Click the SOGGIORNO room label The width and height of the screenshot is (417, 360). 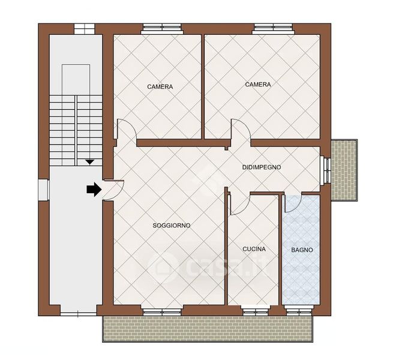coord(172,226)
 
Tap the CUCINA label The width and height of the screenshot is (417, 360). coord(254,249)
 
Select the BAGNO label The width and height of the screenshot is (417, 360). coord(302,250)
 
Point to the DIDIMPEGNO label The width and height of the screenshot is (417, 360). coord(262,167)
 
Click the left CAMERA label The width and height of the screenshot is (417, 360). coord(160,86)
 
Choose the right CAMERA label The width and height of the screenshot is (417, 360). coord(258,85)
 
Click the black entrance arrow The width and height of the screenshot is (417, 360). coord(94,190)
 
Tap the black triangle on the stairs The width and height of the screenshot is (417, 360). coord(89,161)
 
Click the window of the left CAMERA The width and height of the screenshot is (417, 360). coord(162,29)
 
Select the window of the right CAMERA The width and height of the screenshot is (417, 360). coord(274,29)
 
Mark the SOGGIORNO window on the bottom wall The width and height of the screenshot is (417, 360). coord(162,311)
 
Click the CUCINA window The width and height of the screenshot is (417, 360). coord(256,311)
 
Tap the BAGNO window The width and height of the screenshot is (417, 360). coord(299,311)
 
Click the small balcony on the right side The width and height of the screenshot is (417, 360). coord(344,170)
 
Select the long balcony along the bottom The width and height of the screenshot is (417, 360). coord(208,329)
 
